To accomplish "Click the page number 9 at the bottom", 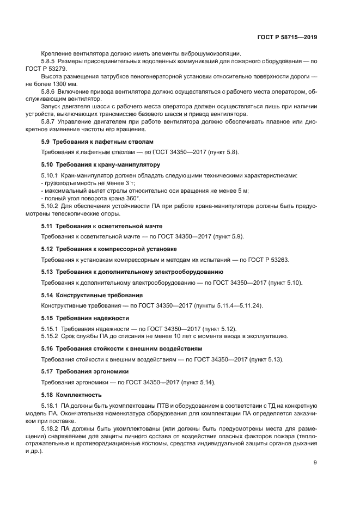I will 315,463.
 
